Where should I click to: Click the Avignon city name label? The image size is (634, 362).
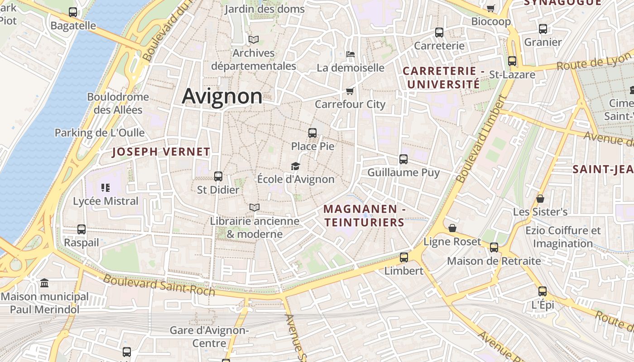click(x=222, y=96)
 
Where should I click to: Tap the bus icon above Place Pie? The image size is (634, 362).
click(x=312, y=133)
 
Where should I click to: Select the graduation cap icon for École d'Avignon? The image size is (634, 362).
click(x=296, y=167)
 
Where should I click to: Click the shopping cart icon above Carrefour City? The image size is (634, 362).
click(x=350, y=91)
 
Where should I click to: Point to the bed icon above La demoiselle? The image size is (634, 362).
click(x=350, y=54)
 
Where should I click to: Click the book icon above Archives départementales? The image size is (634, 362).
click(x=253, y=40)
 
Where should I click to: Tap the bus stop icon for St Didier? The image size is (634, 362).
click(x=218, y=176)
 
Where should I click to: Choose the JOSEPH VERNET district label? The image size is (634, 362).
click(x=161, y=152)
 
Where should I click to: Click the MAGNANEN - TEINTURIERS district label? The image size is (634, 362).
click(x=364, y=215)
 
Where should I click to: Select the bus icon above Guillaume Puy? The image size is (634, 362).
click(x=403, y=159)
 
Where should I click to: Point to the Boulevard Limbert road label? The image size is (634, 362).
click(x=480, y=140)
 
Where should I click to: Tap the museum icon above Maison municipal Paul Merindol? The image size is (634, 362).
click(x=44, y=283)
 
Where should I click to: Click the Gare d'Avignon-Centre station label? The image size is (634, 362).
click(x=209, y=337)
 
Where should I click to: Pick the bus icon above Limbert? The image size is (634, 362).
click(x=403, y=257)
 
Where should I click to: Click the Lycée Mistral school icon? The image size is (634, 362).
click(x=106, y=188)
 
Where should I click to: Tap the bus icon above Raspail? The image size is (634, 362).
click(x=82, y=229)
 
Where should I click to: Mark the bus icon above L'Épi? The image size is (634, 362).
click(x=543, y=291)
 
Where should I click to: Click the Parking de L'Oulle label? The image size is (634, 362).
click(x=100, y=133)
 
